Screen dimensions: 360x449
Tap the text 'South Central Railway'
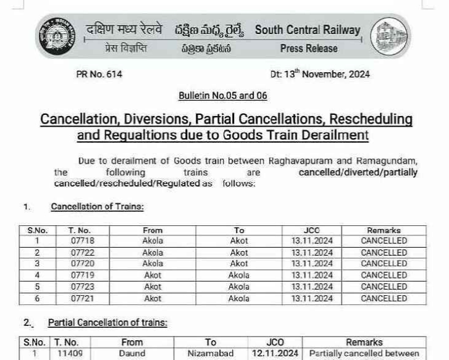tap(307, 30)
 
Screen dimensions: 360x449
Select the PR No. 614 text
tap(99, 74)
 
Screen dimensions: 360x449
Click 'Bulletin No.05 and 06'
tap(222, 96)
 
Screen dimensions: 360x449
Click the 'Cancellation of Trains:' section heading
tap(97, 207)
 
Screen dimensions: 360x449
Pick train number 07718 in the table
tap(82, 241)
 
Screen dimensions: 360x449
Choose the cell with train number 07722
tap(82, 253)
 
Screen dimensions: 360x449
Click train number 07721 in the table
tap(82, 298)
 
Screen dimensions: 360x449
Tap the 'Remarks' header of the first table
tap(384, 230)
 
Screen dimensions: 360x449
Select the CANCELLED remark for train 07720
tap(384, 264)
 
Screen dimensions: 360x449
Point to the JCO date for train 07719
tap(312, 275)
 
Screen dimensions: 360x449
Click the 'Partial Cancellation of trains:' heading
tap(107, 322)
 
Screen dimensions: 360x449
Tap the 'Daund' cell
tap(132, 354)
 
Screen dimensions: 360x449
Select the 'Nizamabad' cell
tap(211, 354)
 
